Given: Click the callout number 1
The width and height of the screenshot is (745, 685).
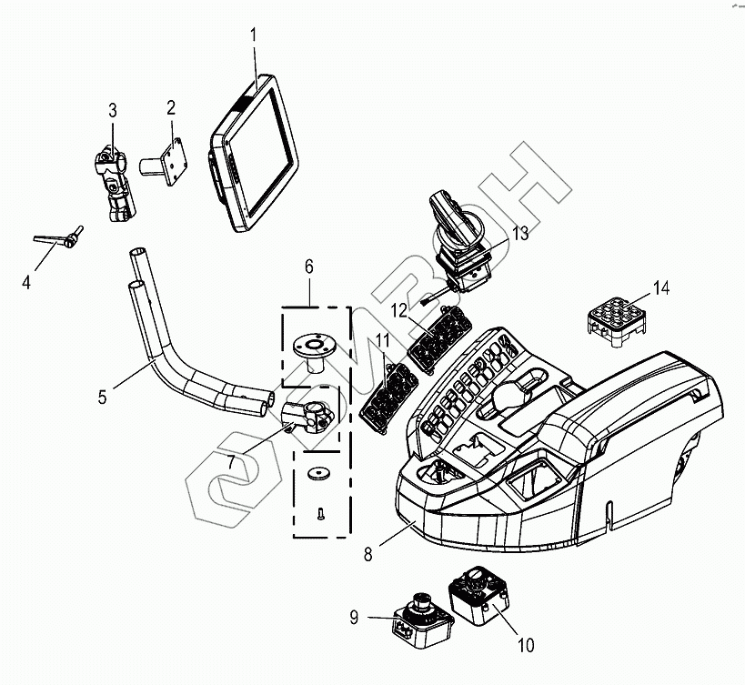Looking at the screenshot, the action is (254, 35).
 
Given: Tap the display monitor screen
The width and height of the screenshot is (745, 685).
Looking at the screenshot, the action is (254, 153).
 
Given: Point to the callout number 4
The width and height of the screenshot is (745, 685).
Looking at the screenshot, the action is (26, 282).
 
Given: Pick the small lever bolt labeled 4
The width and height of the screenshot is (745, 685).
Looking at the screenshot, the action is (59, 237).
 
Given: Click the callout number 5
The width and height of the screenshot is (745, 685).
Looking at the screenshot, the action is (103, 397).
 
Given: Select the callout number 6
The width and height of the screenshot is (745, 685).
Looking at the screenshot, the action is (309, 267).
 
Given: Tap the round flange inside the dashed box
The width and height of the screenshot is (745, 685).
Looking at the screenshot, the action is (313, 351).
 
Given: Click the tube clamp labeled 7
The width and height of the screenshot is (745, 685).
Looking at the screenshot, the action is (307, 416).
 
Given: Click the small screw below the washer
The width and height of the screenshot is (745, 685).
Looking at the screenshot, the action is (320, 513).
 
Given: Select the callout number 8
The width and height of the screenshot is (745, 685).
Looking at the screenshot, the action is (368, 554).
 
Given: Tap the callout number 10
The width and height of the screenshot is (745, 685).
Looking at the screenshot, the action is (526, 645).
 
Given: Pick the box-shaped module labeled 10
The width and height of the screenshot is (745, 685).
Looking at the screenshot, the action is (478, 595).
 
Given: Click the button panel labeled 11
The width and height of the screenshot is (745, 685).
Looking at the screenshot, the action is (388, 398).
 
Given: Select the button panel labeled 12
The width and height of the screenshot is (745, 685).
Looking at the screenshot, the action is (440, 339).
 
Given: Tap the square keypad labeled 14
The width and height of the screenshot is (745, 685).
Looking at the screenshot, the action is (616, 322).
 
